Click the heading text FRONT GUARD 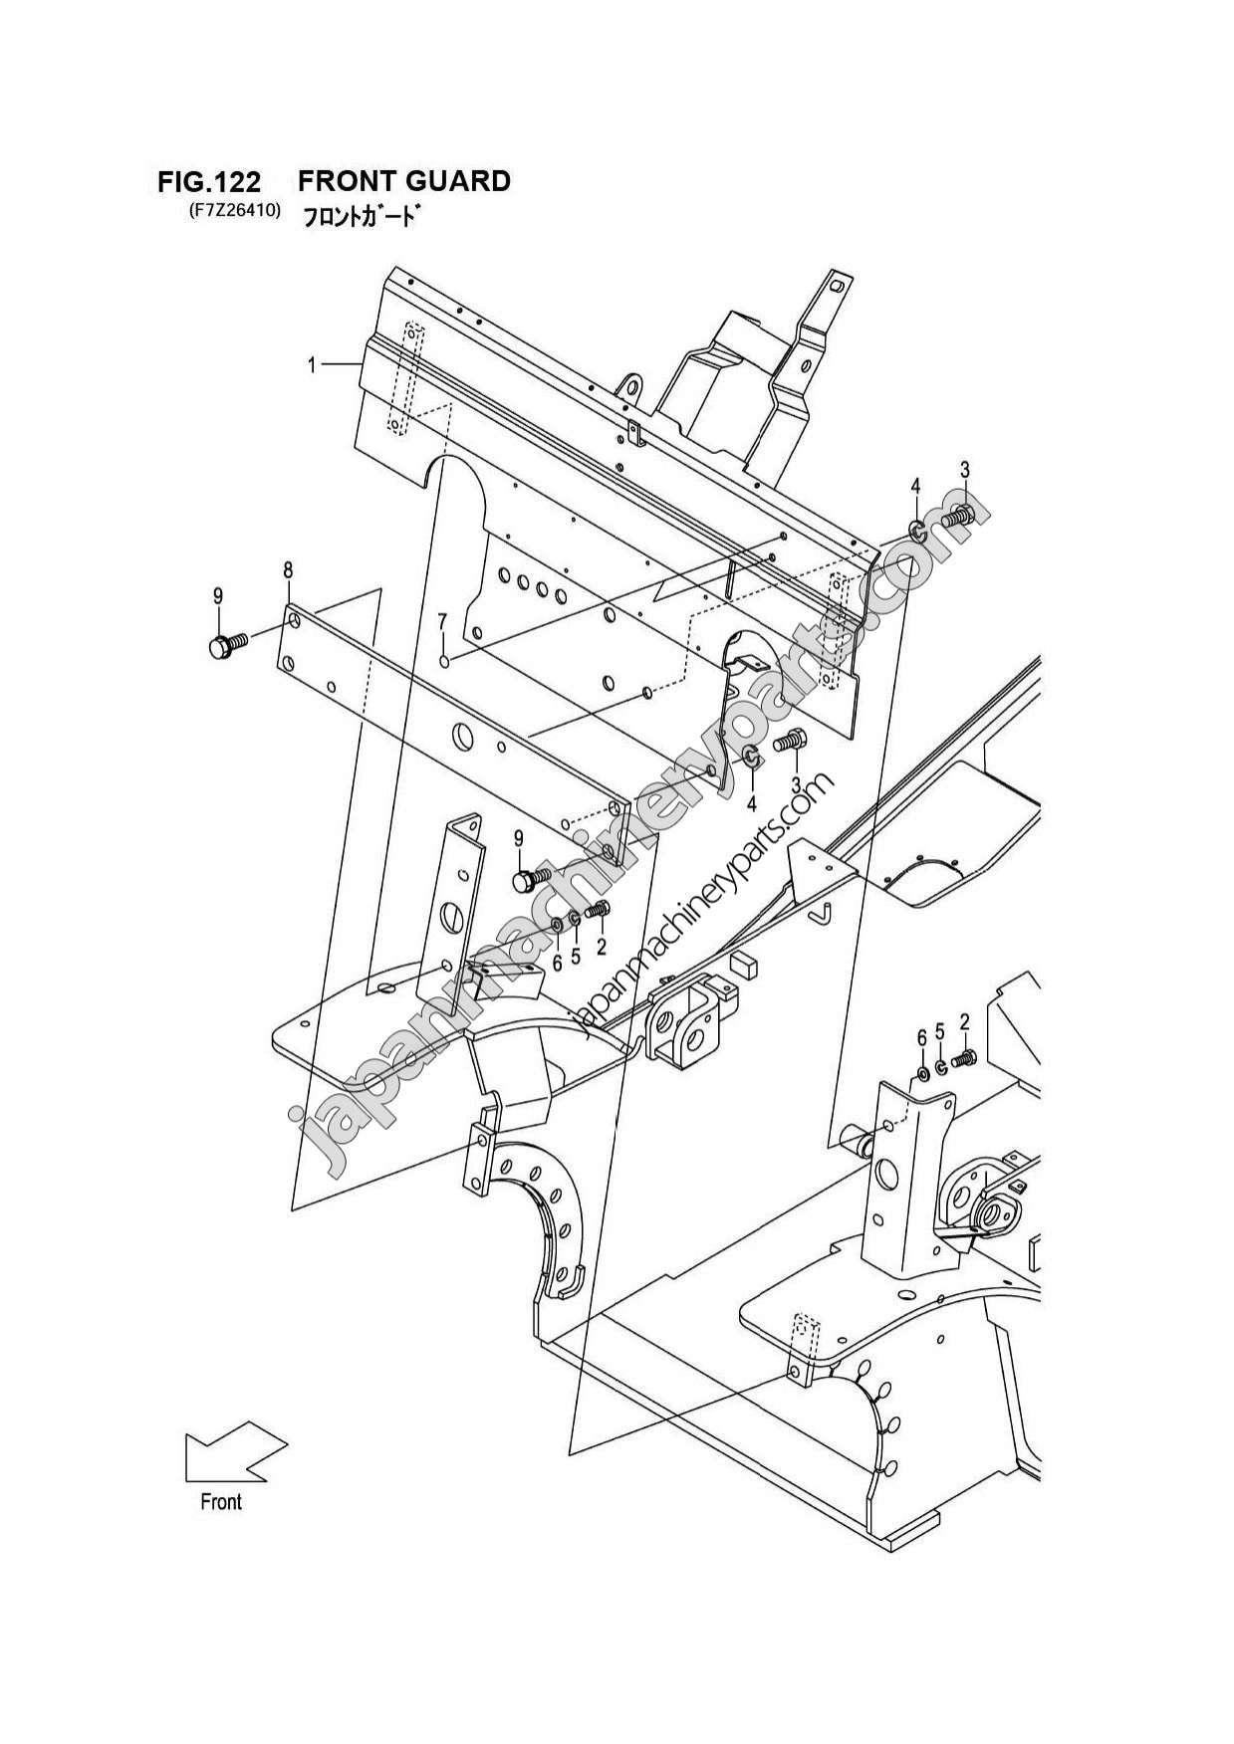click(403, 181)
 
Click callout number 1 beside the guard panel click(312, 365)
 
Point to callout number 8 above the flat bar click(288, 570)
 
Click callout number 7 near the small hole click(443, 622)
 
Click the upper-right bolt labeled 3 click(959, 515)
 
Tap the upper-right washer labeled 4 click(916, 529)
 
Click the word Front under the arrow click(220, 1501)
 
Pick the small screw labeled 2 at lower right click(964, 1059)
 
